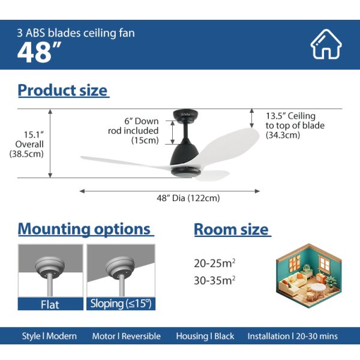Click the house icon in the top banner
[x=326, y=44]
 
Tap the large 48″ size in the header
[x=35, y=53]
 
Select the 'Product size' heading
[x=63, y=91]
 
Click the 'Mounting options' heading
[x=85, y=229]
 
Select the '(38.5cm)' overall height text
[x=27, y=154]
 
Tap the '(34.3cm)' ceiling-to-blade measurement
[x=283, y=135]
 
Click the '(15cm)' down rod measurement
[x=145, y=140]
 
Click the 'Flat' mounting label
[x=50, y=304]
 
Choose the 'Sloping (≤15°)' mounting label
[x=120, y=304]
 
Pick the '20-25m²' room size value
[x=213, y=263]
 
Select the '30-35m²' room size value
[x=213, y=279]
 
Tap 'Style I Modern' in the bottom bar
[x=49, y=336]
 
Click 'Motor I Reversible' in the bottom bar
[x=126, y=336]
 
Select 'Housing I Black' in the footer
[x=205, y=336]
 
